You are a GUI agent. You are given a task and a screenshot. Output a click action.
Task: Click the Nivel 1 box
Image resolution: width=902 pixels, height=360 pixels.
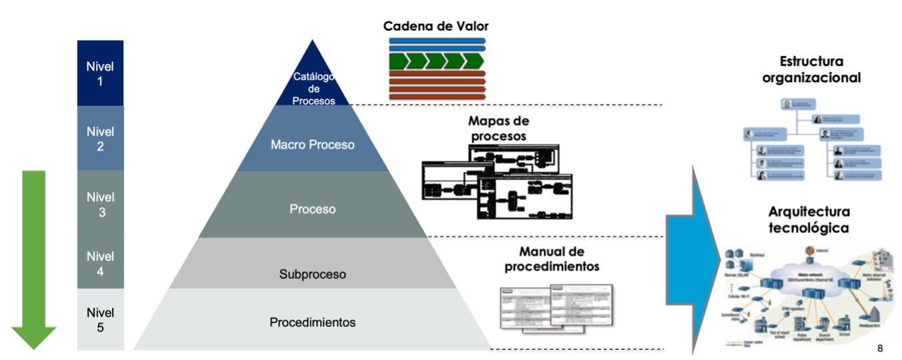pyautogui.click(x=100, y=73)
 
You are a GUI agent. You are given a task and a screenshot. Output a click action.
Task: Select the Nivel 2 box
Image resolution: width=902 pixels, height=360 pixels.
pyautogui.click(x=100, y=139)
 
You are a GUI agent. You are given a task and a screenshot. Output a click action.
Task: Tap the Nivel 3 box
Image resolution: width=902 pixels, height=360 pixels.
pyautogui.click(x=100, y=204)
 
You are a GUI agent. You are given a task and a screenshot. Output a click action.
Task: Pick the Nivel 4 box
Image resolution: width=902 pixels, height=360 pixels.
pyautogui.click(x=100, y=263)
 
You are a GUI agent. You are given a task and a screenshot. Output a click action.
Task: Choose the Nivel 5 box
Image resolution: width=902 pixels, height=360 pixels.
pyautogui.click(x=100, y=319)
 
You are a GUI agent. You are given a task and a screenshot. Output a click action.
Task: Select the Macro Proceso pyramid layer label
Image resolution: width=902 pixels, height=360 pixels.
pyautogui.click(x=313, y=145)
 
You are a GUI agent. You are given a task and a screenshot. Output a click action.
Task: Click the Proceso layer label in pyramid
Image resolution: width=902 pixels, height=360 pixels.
pyautogui.click(x=313, y=209)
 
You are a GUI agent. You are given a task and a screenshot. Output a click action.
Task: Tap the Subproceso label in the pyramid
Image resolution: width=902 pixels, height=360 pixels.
pyautogui.click(x=313, y=274)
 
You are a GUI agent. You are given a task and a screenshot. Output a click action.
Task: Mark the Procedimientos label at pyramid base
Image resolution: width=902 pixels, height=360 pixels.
pyautogui.click(x=313, y=323)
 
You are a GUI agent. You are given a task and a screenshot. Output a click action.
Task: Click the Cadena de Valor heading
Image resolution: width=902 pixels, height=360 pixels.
pyautogui.click(x=436, y=26)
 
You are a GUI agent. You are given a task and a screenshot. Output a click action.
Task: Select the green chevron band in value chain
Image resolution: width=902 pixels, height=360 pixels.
pyautogui.click(x=437, y=62)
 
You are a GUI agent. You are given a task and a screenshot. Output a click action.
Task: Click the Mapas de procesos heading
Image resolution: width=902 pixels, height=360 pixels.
pyautogui.click(x=498, y=129)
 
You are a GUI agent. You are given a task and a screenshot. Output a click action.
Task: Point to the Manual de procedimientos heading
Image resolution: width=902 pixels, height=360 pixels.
pyautogui.click(x=551, y=259)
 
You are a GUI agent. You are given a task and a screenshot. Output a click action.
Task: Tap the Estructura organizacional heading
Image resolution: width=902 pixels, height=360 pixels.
pyautogui.click(x=811, y=69)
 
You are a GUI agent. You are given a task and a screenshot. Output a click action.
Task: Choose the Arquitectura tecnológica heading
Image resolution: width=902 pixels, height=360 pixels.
pyautogui.click(x=809, y=220)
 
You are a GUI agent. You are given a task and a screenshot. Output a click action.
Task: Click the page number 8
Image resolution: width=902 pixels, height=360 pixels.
pyautogui.click(x=880, y=349)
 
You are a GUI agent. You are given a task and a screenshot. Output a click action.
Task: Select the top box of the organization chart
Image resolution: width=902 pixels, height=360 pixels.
pyautogui.click(x=798, y=105)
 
